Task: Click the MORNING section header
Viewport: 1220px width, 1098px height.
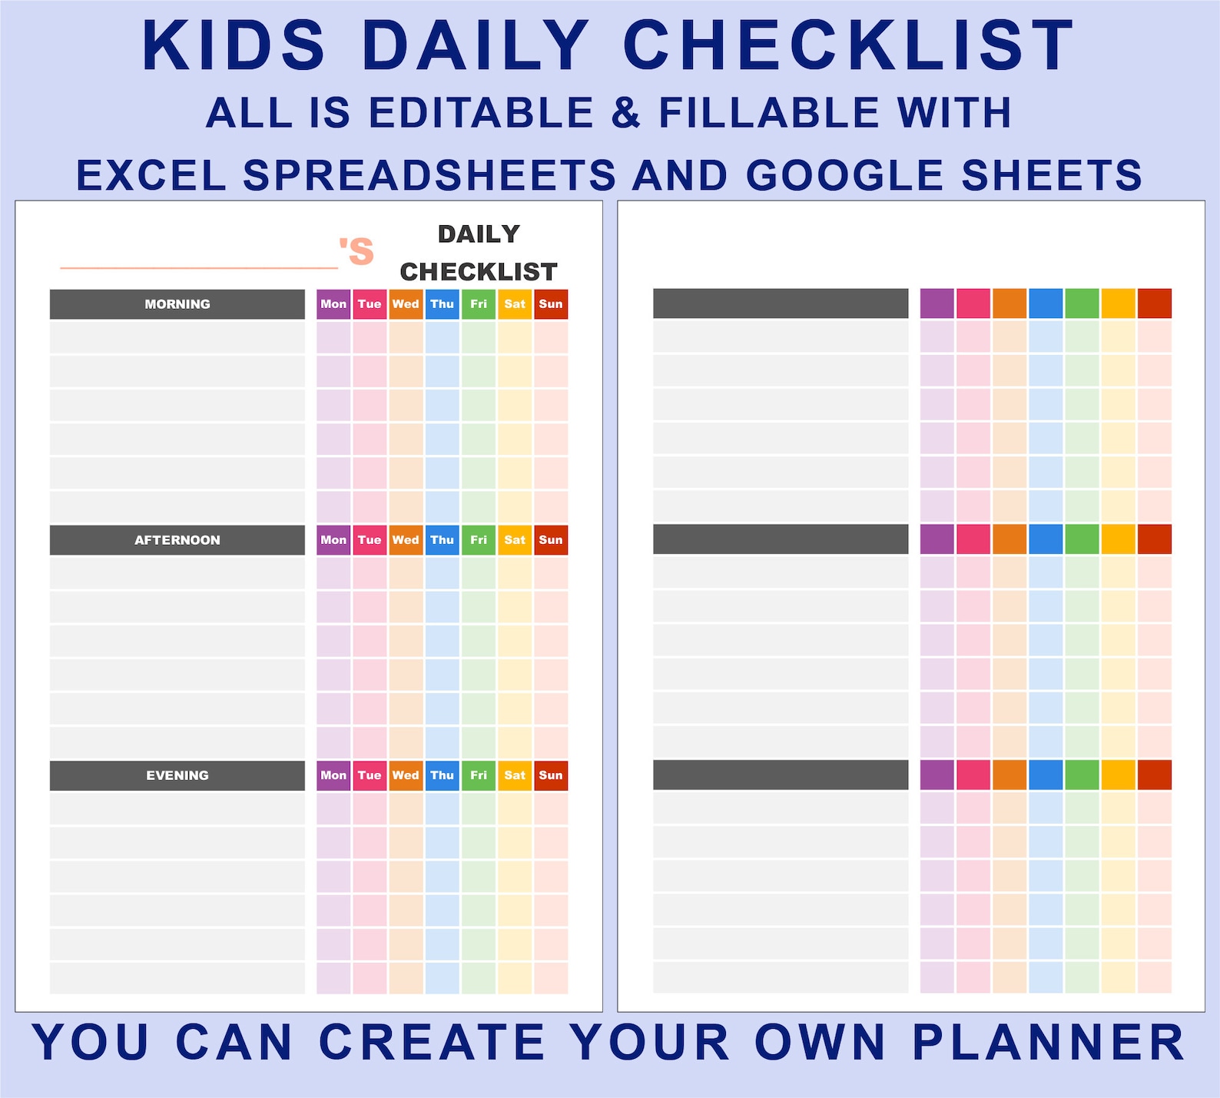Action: tap(177, 304)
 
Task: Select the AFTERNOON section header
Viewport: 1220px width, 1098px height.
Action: tap(177, 540)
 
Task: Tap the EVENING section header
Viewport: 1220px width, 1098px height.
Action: tap(177, 775)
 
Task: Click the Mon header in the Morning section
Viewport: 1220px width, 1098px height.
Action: tap(333, 304)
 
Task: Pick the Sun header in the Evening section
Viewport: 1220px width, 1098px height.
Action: tap(551, 775)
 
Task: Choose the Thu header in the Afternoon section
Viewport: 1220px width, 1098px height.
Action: tap(442, 540)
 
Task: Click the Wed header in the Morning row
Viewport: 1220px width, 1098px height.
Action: tap(406, 304)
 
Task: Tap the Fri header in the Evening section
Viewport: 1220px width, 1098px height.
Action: tap(479, 775)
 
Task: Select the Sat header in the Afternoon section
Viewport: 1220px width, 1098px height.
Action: tap(515, 540)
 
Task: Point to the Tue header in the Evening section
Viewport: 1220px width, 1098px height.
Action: tap(370, 775)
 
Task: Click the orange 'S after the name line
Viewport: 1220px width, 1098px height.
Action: tap(356, 251)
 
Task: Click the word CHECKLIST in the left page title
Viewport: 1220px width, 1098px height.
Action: tap(478, 272)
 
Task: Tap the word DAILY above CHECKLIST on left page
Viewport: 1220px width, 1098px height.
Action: tap(479, 234)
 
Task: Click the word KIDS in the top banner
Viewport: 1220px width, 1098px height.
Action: tap(234, 46)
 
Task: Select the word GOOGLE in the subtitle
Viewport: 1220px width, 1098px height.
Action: tap(845, 175)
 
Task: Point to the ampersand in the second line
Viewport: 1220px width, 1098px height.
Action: tap(626, 113)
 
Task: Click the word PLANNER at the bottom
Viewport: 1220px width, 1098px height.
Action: tap(1049, 1043)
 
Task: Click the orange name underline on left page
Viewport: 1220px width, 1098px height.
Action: tap(199, 268)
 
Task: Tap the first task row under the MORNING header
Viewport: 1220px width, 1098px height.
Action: tap(177, 337)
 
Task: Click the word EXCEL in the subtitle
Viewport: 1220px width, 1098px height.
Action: tap(151, 175)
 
